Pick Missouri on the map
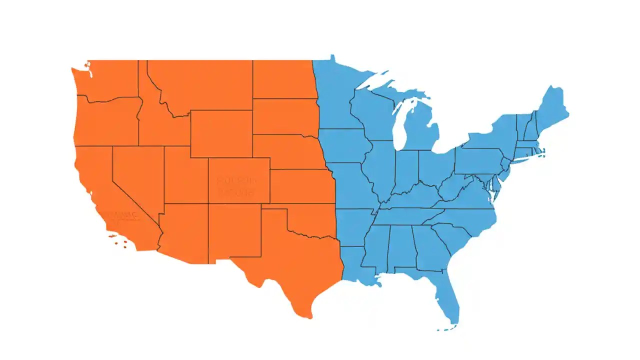[352, 185]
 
